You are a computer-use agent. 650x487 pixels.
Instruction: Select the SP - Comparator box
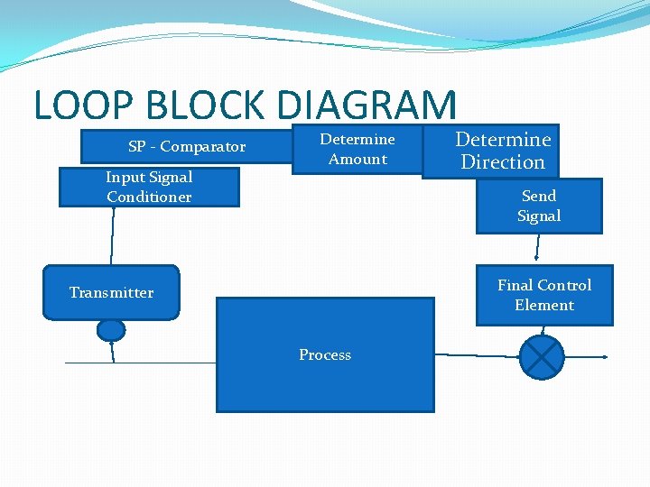(x=186, y=146)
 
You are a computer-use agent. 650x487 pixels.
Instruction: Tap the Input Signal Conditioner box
(x=149, y=188)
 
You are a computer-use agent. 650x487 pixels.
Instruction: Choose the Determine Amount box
(x=357, y=149)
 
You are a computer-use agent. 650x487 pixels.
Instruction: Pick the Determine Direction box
(x=503, y=151)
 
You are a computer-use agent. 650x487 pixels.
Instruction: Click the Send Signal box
(x=539, y=206)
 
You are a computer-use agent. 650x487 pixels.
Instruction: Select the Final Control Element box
(x=544, y=295)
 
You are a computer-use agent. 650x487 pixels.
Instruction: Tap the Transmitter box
(x=111, y=292)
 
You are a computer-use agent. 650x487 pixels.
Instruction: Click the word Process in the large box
(x=325, y=355)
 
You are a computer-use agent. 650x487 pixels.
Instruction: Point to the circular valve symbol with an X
(x=542, y=357)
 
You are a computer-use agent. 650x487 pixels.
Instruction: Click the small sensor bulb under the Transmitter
(x=111, y=330)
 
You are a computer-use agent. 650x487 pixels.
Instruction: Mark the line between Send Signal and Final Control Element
(x=538, y=249)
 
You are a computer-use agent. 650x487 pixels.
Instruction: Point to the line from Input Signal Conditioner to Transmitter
(x=113, y=236)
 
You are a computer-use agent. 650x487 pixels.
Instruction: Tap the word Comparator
(x=203, y=146)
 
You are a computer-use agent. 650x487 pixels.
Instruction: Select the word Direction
(x=503, y=162)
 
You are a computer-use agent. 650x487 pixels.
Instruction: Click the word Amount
(x=357, y=160)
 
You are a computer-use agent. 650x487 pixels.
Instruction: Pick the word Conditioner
(x=149, y=198)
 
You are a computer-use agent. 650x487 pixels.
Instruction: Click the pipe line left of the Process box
(x=162, y=363)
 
